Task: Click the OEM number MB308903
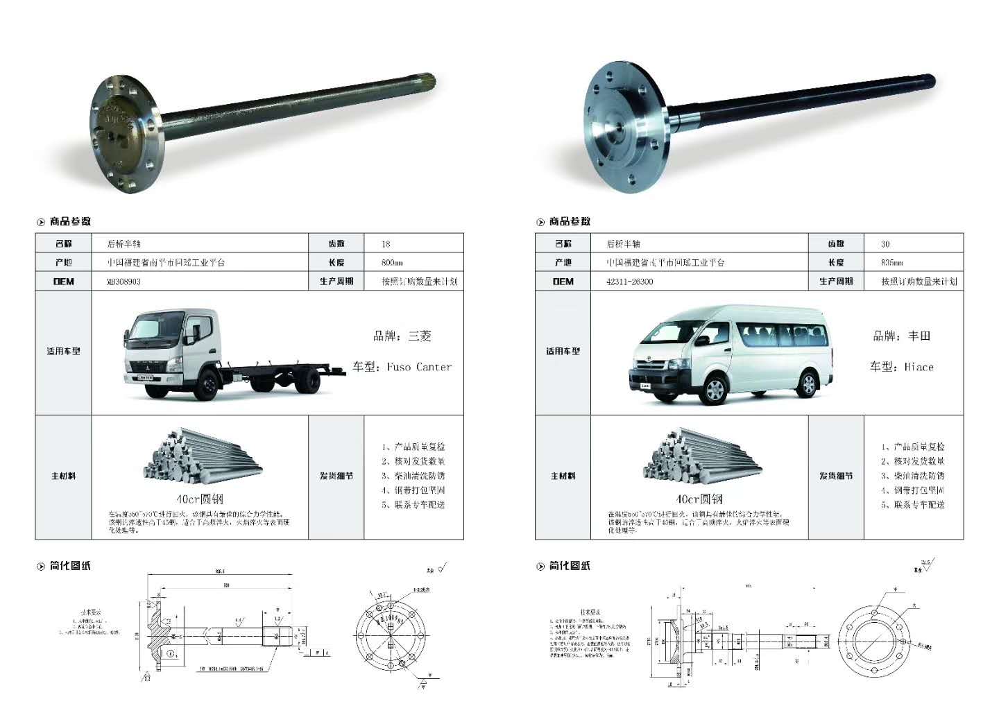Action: (x=123, y=282)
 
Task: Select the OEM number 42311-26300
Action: (x=629, y=282)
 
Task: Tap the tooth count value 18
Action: (x=386, y=244)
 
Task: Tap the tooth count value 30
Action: (x=885, y=244)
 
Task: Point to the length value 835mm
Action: (x=891, y=263)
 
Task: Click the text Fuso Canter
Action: (x=419, y=367)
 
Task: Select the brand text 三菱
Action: (x=420, y=336)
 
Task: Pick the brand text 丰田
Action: (x=919, y=336)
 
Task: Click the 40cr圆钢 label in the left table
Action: (x=200, y=499)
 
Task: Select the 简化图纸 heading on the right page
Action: (x=570, y=566)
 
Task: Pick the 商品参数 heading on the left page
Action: (x=70, y=221)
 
